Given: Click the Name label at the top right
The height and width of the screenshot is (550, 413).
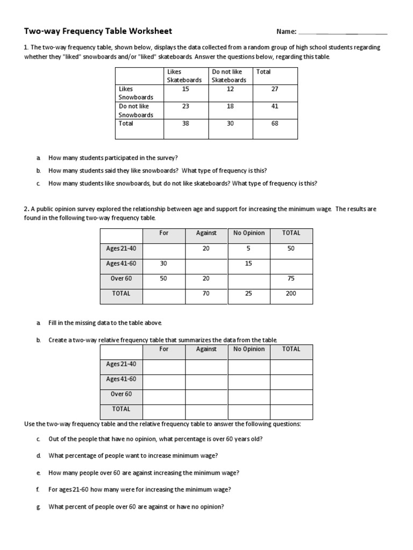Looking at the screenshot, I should click(286, 32).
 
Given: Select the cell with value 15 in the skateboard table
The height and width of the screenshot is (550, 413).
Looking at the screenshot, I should click(186, 89).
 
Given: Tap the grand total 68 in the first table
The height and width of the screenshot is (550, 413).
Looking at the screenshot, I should click(275, 124).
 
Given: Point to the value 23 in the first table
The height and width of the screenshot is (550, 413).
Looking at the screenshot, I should click(186, 106).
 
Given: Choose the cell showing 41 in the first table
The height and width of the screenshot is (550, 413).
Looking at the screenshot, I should click(275, 106).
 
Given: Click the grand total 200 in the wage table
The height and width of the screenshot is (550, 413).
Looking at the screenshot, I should click(291, 294).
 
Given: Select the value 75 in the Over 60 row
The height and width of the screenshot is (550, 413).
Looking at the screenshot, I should click(291, 279).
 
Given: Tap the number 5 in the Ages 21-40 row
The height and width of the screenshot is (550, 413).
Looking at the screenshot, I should click(248, 249).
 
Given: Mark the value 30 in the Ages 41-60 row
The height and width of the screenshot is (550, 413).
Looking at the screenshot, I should click(164, 264).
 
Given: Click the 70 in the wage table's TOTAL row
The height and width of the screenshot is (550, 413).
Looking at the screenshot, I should click(206, 294).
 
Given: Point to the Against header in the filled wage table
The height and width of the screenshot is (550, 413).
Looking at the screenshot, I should click(206, 233).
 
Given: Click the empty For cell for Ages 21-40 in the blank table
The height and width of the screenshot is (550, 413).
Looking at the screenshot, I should click(164, 367).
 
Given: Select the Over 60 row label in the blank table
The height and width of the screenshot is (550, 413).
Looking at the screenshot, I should click(121, 394).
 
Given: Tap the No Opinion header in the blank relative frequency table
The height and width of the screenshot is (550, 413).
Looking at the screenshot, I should click(248, 349).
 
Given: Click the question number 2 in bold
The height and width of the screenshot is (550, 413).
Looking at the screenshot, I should click(26, 209).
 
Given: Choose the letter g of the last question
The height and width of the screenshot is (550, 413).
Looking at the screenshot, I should click(39, 507).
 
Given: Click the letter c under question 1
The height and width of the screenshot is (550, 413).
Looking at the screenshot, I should click(39, 183).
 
